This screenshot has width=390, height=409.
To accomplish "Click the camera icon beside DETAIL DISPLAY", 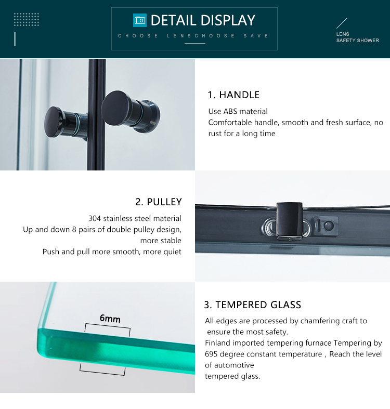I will click(139, 20).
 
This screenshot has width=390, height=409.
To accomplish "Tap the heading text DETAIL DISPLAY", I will click(203, 20).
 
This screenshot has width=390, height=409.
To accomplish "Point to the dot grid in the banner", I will click(27, 20).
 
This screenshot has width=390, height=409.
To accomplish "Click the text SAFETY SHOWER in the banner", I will click(357, 41).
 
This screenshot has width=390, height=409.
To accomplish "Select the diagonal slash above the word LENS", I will click(342, 23).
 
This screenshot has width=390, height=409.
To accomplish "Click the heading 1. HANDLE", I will click(233, 95).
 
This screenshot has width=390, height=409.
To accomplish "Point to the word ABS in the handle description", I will click(229, 111).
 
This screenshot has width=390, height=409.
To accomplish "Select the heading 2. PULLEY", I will click(158, 202).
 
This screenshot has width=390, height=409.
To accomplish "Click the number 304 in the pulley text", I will click(95, 218).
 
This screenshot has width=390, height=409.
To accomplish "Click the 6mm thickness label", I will click(110, 318).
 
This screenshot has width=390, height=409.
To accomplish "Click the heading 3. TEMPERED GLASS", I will click(252, 305).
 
